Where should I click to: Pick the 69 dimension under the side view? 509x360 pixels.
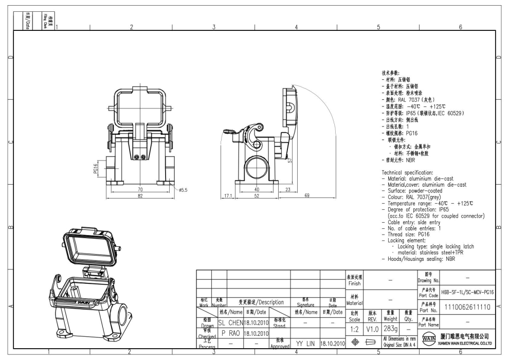point(306,196)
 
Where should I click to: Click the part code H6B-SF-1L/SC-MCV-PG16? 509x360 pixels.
point(467,292)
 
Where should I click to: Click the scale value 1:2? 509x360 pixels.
point(355,329)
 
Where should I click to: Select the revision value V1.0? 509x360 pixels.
point(372,329)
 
